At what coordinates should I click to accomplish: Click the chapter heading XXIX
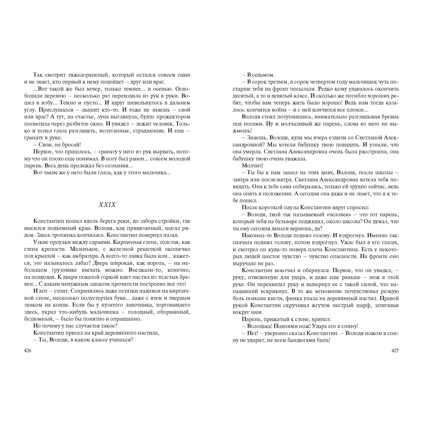(107, 205)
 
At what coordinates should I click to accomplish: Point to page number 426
(28, 351)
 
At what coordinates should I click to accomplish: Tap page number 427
(395, 351)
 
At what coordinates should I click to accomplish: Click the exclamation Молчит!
(252, 166)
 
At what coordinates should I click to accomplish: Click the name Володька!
(260, 326)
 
